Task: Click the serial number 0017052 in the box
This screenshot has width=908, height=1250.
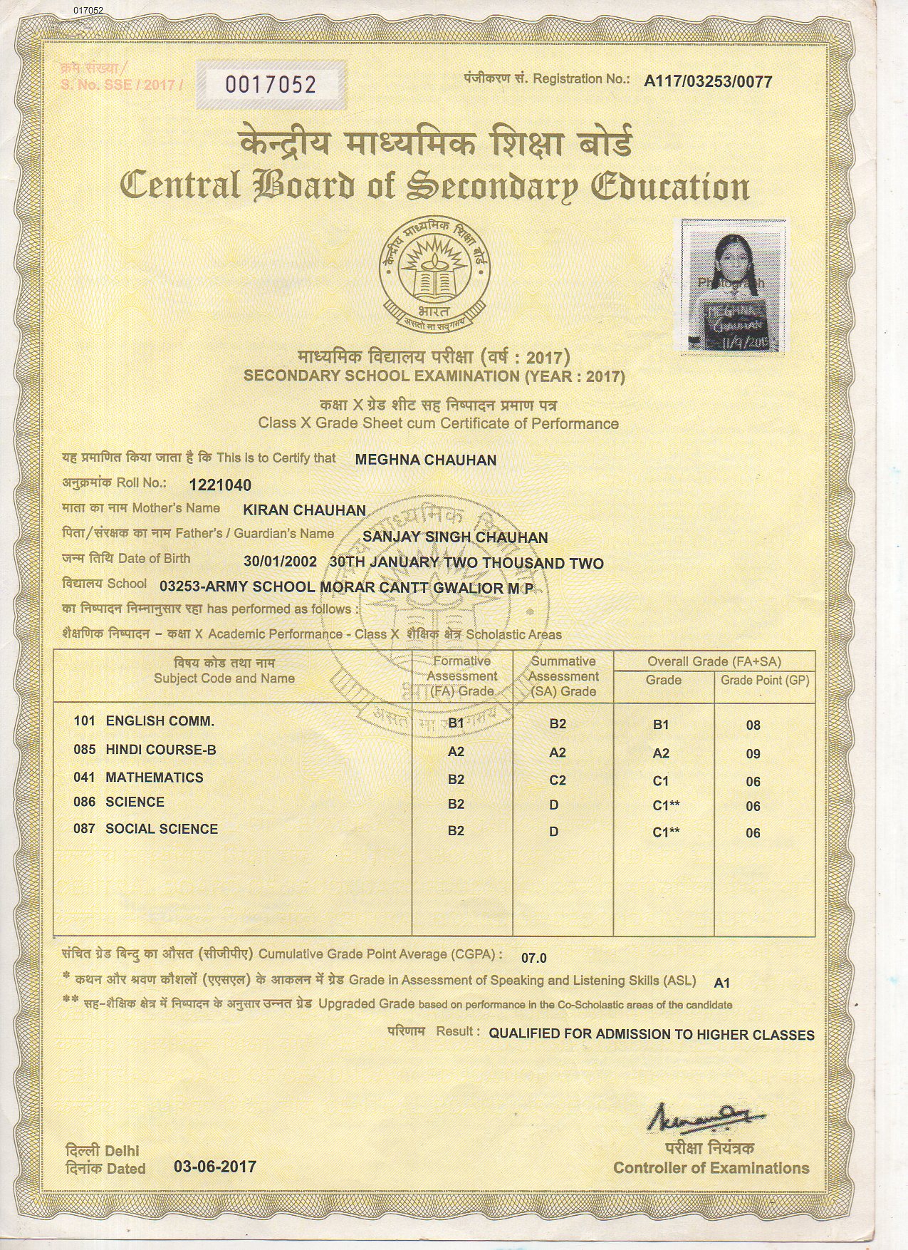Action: (x=270, y=85)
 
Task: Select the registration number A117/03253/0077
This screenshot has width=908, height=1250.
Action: (x=707, y=82)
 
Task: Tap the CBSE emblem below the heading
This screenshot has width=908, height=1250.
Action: (x=435, y=270)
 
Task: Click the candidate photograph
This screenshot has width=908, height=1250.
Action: (x=730, y=284)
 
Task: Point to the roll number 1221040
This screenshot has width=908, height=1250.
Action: (x=220, y=485)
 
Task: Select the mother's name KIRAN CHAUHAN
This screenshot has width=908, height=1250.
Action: (x=304, y=510)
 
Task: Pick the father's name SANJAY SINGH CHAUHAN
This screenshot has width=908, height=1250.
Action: (x=456, y=537)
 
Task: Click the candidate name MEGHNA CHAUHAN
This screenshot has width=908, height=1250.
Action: (x=425, y=460)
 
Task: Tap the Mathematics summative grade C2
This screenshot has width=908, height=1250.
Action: (x=558, y=780)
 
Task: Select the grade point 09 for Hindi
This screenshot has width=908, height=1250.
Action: (x=753, y=754)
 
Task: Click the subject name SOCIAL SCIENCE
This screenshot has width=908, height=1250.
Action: (x=162, y=829)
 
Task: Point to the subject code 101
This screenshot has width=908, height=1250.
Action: (x=84, y=721)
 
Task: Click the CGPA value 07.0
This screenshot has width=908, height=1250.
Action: (x=534, y=958)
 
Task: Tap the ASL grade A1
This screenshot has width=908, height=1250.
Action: (x=721, y=983)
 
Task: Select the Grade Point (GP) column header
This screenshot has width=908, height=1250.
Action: (x=764, y=681)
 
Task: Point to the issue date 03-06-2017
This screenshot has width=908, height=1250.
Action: (x=214, y=1167)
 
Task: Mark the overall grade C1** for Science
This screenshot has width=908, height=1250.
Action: (x=666, y=806)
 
